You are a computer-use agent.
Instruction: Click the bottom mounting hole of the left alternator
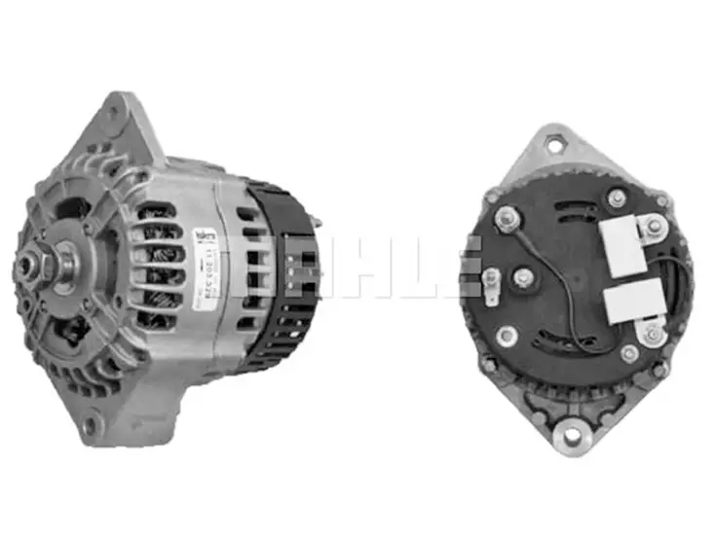coord(90,424)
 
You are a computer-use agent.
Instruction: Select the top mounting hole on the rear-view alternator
coord(555,146)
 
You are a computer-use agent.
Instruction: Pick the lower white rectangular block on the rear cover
coord(620,303)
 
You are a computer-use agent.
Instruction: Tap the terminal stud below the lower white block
coord(650,336)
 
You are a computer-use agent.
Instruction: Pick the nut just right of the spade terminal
coord(524,280)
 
